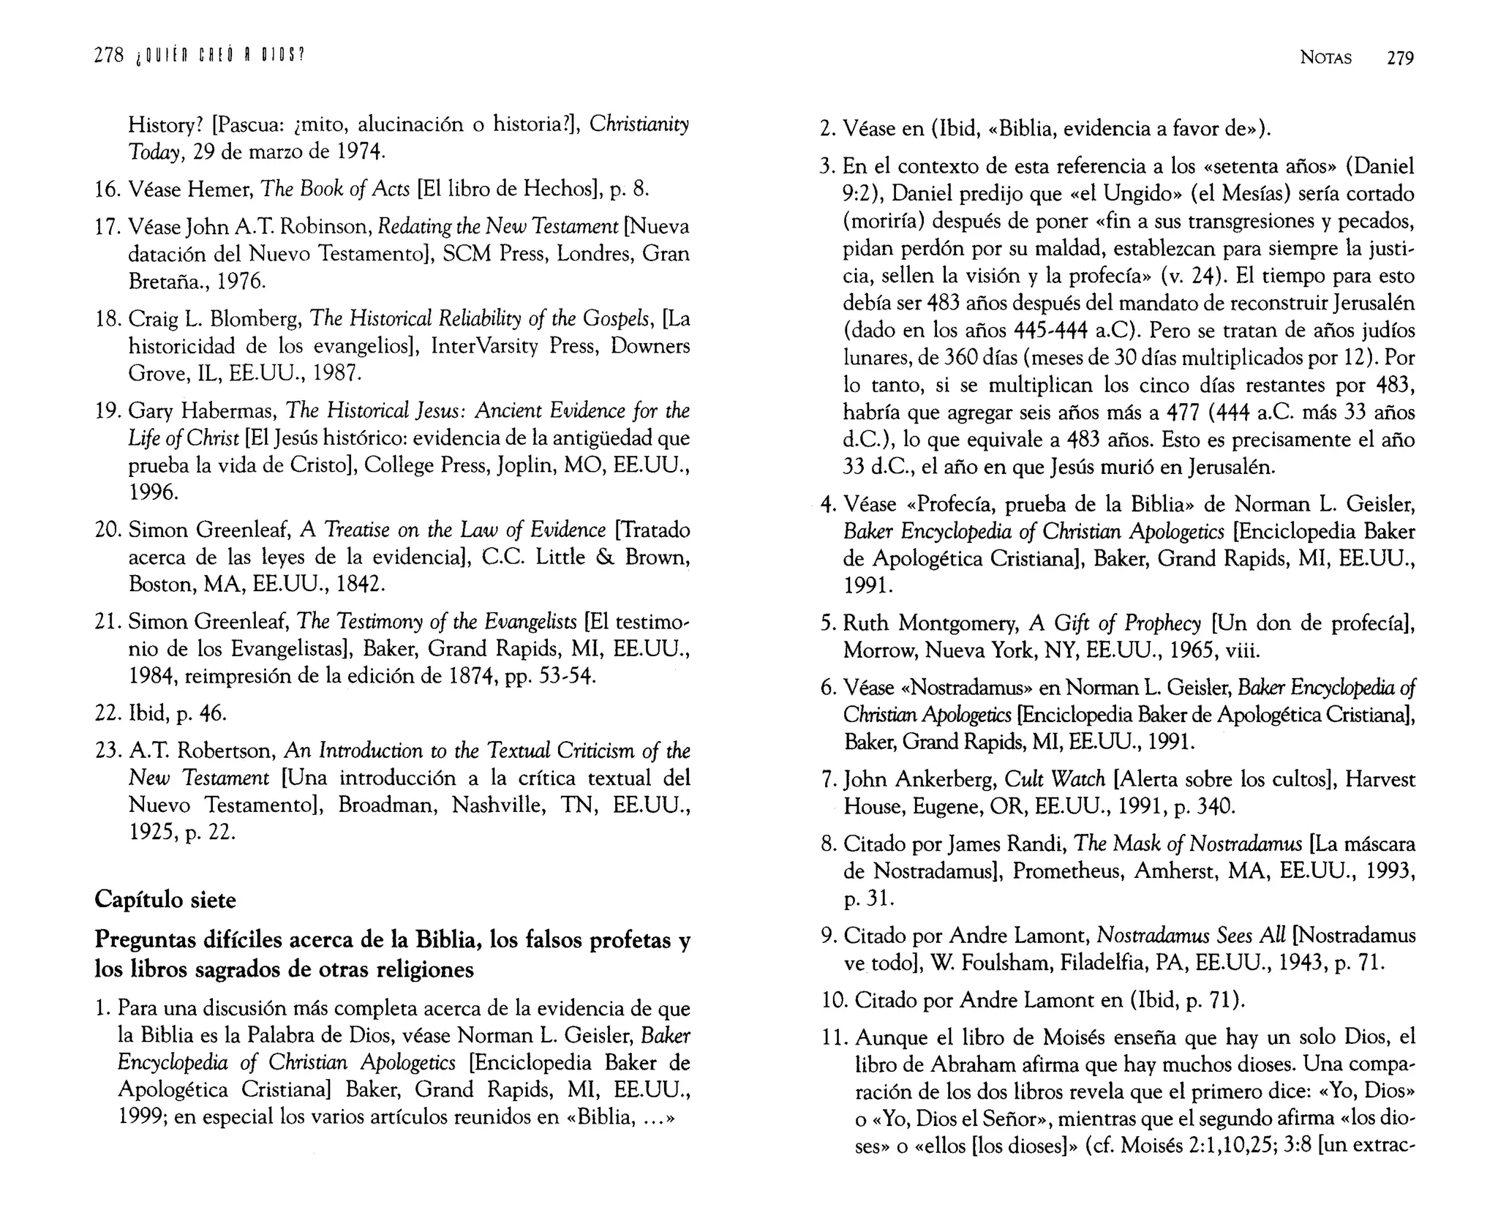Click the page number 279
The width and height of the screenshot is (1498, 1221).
pyautogui.click(x=1400, y=59)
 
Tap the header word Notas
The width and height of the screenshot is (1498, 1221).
pyautogui.click(x=1325, y=59)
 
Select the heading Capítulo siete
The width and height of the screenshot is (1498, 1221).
pyautogui.click(x=165, y=899)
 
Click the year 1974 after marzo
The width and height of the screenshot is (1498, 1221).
pyautogui.click(x=358, y=152)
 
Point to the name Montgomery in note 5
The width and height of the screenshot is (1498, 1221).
pyautogui.click(x=957, y=623)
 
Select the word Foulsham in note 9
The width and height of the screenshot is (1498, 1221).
pyautogui.click(x=991, y=963)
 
